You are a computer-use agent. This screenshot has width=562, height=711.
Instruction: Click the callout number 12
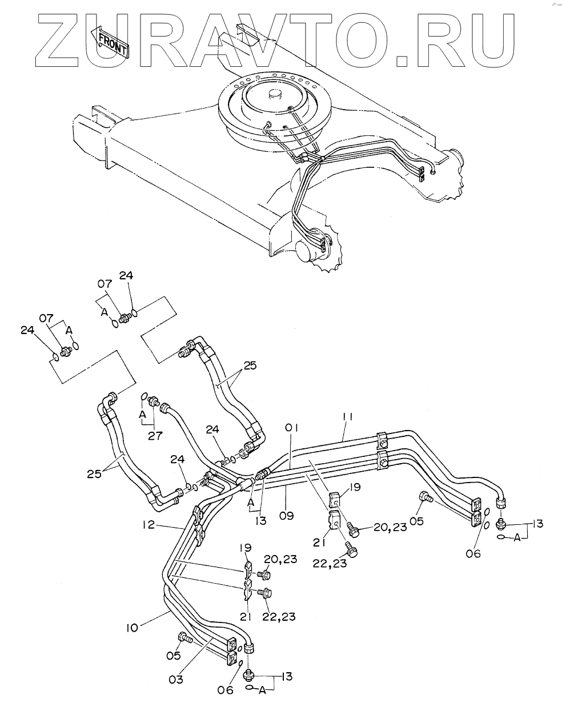point(148,524)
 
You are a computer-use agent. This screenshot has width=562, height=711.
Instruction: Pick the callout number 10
point(132,629)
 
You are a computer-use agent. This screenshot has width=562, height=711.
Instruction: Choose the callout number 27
point(155,435)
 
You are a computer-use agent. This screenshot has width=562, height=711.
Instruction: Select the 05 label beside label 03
point(173,655)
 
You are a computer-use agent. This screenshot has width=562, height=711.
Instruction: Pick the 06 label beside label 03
point(226,690)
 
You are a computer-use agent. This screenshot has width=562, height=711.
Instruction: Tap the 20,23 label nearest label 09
point(391,527)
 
